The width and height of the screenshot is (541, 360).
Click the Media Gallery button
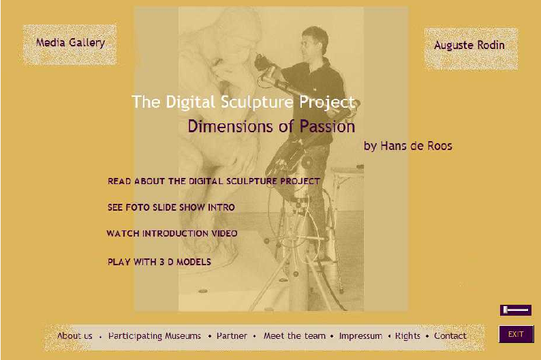point(69,44)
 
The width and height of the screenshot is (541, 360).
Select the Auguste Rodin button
point(471,48)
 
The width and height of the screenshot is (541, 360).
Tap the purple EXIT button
point(516,334)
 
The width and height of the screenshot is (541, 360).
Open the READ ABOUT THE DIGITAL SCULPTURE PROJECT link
point(214,181)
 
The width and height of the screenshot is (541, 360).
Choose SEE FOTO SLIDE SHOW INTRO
point(171,207)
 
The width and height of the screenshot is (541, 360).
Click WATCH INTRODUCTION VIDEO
point(172,233)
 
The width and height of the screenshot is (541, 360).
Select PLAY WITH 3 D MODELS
point(159,262)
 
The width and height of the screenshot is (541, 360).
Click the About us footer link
point(75,336)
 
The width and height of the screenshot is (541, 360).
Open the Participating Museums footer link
point(154,336)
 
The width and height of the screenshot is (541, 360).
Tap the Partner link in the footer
point(232,336)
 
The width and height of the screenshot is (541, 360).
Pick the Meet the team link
point(294,336)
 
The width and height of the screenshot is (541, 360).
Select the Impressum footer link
point(360,336)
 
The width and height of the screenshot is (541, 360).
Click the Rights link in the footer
point(407,336)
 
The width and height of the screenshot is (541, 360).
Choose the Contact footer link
point(450,336)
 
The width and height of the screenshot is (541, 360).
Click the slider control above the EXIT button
point(516,310)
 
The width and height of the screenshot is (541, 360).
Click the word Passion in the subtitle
point(327,126)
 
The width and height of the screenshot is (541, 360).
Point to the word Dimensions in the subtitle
point(230,126)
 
